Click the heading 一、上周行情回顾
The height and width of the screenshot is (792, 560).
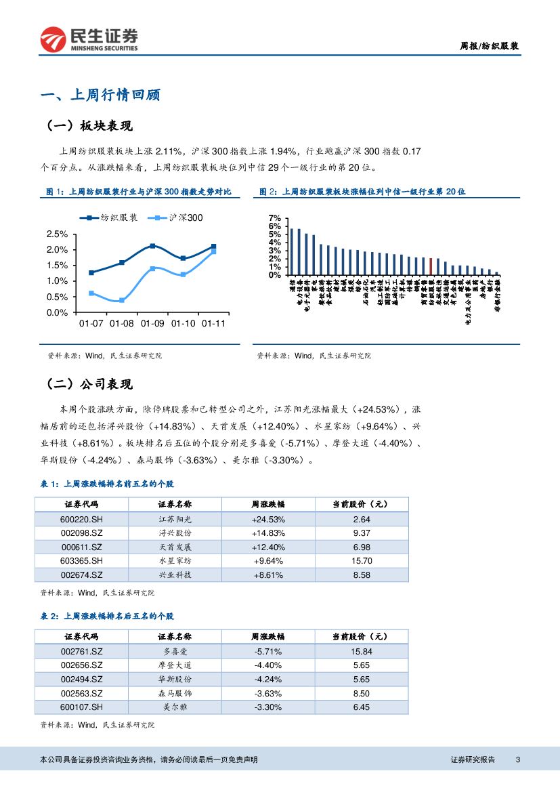100,95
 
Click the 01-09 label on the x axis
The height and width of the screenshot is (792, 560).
152,324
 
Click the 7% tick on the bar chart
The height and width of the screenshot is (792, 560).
274,217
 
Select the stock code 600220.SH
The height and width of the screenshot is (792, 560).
81,519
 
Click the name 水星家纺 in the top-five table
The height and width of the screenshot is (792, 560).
175,561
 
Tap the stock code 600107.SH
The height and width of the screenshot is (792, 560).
81,707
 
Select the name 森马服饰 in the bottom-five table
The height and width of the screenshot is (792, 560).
175,693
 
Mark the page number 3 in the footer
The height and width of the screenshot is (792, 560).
518,759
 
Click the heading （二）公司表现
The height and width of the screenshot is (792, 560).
89,385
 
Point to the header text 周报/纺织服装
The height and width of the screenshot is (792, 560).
490,47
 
